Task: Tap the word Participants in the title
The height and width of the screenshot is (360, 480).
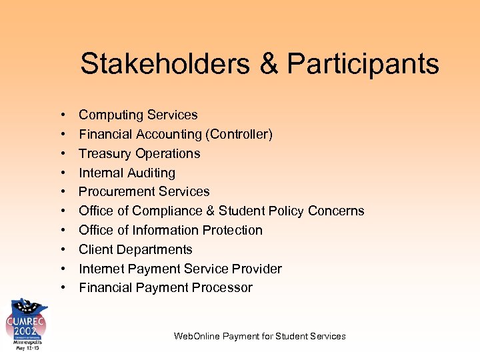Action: point(363,64)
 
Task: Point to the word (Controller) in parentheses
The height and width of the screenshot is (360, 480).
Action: point(239,135)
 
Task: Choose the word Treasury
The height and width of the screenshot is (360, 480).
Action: point(104,153)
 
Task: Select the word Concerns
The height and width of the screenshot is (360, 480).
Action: point(337,211)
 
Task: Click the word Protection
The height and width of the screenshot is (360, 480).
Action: point(232,230)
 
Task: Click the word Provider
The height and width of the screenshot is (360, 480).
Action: point(257,269)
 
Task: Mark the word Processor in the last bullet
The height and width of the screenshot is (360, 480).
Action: point(223,288)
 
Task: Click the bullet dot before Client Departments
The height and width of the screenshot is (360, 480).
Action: point(61,250)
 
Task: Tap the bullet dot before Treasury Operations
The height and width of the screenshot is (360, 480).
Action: point(61,154)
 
